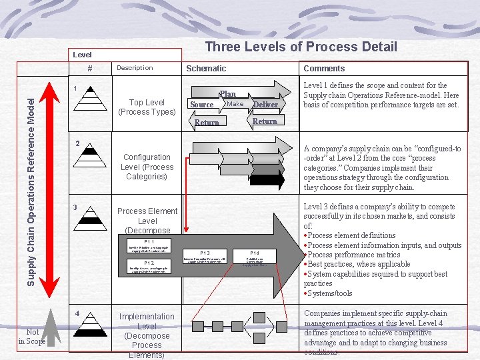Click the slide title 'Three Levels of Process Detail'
pos(301,47)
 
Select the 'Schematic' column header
pos(206,68)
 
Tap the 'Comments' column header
pos(324,68)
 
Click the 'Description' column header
pos(135,67)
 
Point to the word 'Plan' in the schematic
pos(227,95)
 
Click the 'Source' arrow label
pos(202,104)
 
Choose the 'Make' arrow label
pos(235,103)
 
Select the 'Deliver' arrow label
pos(265,105)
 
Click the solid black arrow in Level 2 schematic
pos(267,179)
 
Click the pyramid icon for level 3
pos(93,215)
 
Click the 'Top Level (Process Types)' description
pos(147,107)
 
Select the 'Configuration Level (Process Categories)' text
pos(147,167)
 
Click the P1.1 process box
pos(149,246)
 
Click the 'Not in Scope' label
pos(32,337)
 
